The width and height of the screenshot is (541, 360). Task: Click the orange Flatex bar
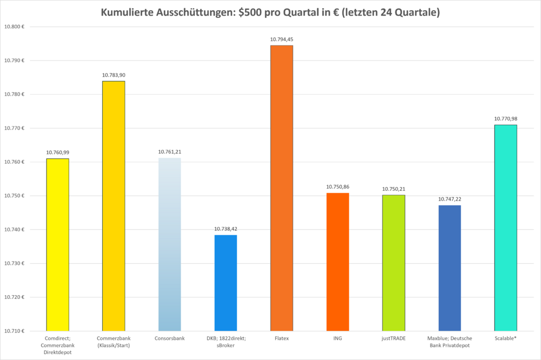click(281, 188)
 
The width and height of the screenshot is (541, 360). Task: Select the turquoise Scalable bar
click(505, 228)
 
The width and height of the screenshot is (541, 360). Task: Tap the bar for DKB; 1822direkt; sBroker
click(226, 283)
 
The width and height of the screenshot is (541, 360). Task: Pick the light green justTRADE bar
click(394, 263)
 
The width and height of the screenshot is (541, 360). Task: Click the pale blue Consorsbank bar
click(170, 244)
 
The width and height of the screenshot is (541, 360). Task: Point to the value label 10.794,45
click(281, 39)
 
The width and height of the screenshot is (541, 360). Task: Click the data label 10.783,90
click(114, 75)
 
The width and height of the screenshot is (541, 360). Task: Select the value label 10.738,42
click(226, 229)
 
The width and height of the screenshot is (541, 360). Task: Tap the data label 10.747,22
click(450, 199)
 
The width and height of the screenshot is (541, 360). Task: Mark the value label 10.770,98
click(505, 118)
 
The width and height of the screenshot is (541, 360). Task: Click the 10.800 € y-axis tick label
click(14, 26)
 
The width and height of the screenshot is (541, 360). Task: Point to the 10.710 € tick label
click(14, 331)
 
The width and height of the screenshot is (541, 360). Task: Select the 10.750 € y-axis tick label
click(14, 196)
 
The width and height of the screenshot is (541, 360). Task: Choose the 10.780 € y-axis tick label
click(14, 94)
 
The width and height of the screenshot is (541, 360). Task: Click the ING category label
click(338, 338)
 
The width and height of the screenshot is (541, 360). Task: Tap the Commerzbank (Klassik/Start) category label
click(114, 342)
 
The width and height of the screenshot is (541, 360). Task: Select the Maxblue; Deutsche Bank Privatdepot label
click(450, 342)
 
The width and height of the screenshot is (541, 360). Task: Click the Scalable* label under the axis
click(505, 338)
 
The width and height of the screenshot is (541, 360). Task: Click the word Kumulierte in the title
click(127, 12)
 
